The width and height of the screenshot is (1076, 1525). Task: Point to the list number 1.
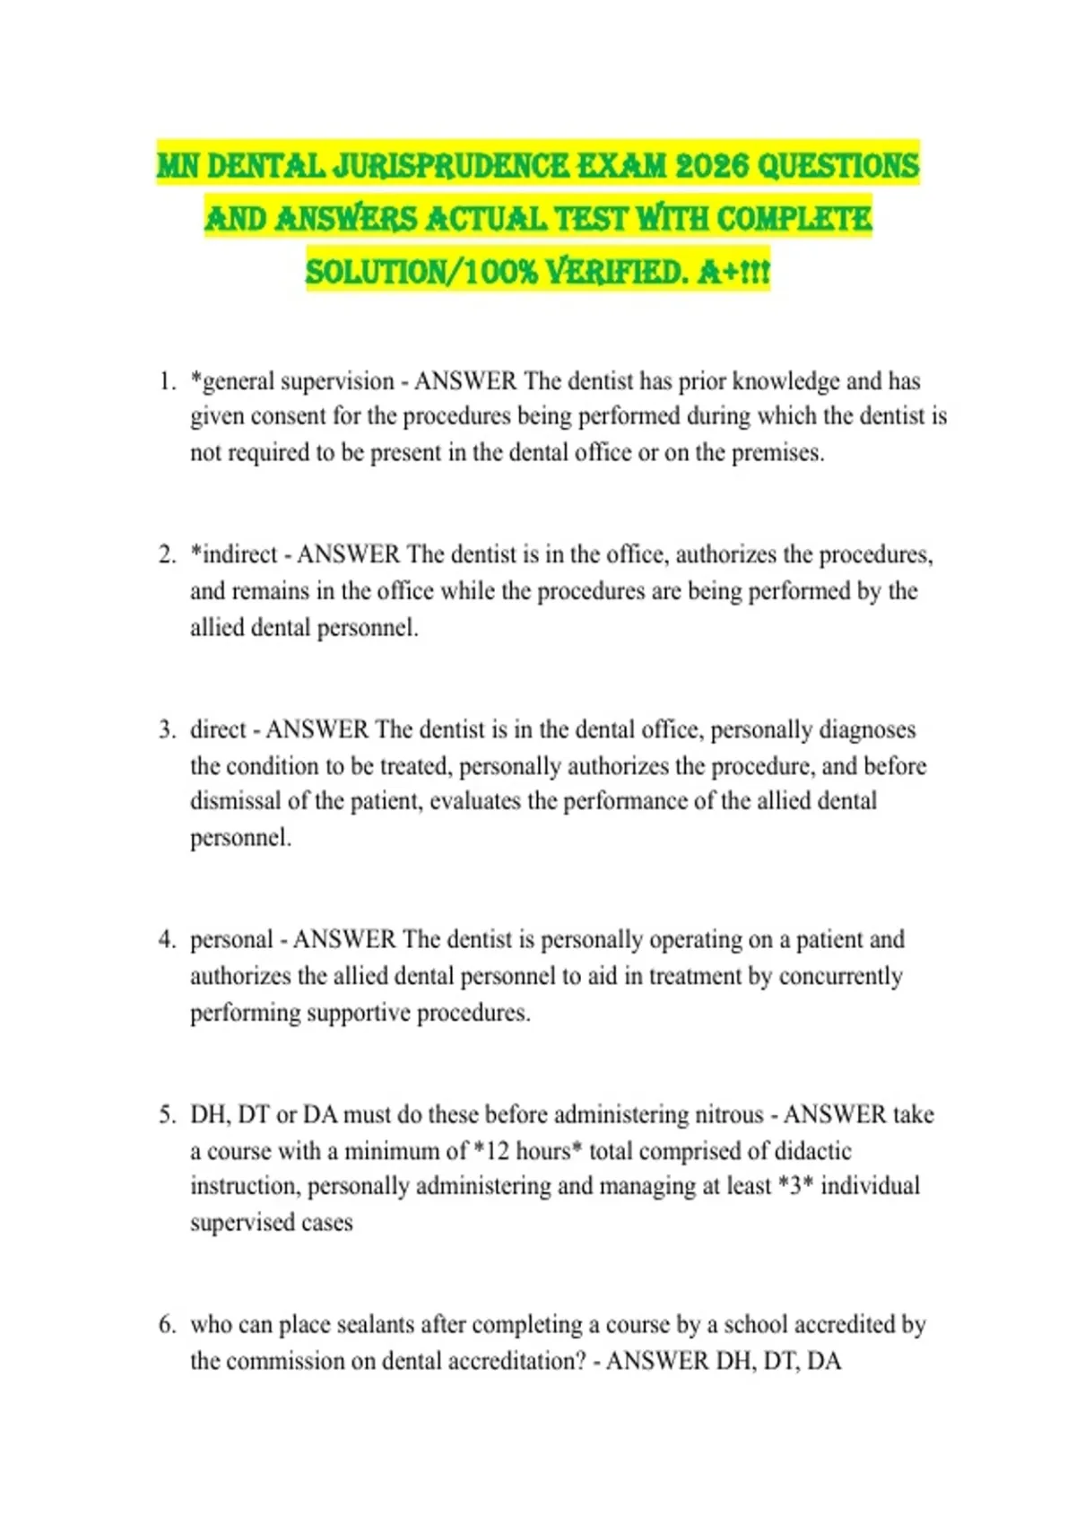click(x=166, y=381)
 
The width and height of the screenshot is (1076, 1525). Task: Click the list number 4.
click(x=166, y=939)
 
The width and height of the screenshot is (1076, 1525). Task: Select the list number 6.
click(x=166, y=1324)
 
